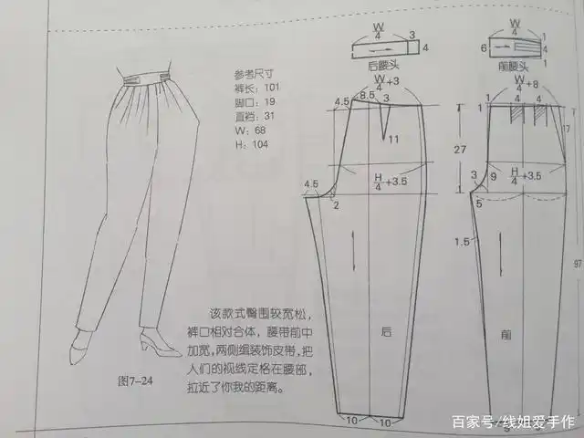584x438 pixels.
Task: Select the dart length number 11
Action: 392,139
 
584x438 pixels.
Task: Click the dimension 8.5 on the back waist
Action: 367,96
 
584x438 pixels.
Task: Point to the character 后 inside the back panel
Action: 386,334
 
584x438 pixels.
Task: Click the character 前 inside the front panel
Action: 505,334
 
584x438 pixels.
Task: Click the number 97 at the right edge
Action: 575,264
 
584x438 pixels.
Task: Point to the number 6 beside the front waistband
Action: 483,46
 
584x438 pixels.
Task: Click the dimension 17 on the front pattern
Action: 565,129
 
